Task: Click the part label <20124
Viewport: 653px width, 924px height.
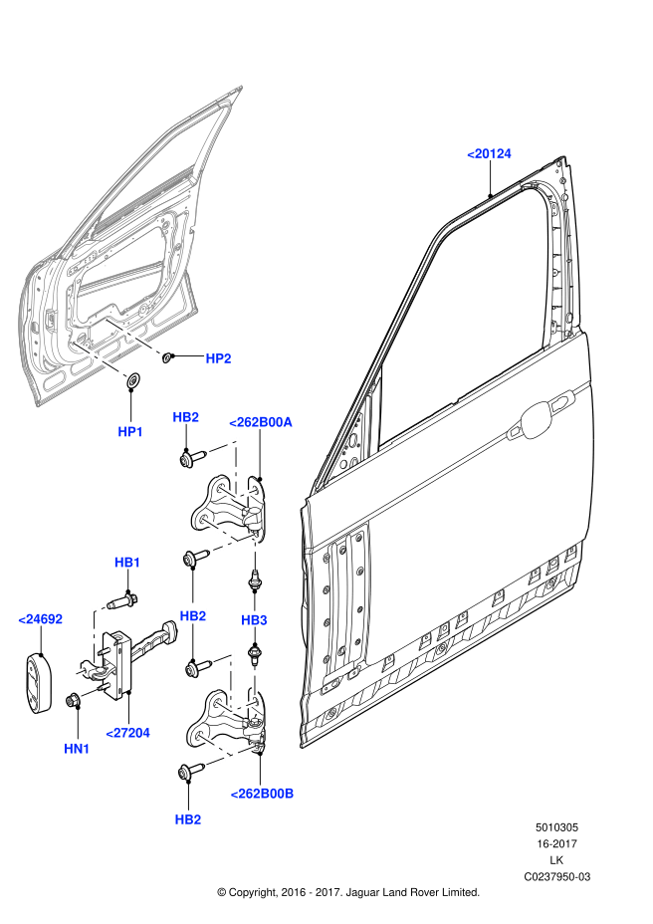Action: [489, 153]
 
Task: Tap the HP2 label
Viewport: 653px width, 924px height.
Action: [218, 358]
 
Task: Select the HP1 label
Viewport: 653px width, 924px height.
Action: [130, 431]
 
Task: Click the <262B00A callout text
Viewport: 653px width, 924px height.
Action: [261, 422]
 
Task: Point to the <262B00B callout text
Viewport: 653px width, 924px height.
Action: [262, 794]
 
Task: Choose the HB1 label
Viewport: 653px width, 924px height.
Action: [127, 563]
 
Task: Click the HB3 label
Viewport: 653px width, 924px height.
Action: [254, 620]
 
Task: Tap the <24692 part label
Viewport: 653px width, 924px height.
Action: [40, 619]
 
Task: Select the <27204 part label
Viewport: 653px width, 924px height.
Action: [127, 733]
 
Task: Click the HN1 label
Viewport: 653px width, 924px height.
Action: [77, 749]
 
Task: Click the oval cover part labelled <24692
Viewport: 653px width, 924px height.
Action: [38, 682]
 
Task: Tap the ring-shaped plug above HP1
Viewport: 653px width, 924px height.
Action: [134, 380]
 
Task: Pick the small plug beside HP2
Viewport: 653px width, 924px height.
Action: [167, 356]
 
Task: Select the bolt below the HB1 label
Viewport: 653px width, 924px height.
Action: [123, 601]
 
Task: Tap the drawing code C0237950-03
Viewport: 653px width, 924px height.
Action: [556, 876]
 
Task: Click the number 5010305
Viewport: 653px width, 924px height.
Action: [556, 827]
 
